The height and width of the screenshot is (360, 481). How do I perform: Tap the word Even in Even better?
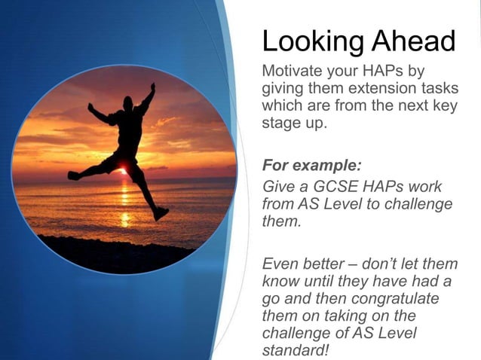point(277,264)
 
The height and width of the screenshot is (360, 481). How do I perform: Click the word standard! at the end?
point(295,349)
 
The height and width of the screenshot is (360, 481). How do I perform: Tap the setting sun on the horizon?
point(122,171)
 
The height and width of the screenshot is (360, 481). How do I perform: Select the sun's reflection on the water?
point(124,203)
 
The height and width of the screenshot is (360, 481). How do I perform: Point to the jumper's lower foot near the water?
point(160,214)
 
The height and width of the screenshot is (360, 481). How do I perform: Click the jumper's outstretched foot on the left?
point(73,175)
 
